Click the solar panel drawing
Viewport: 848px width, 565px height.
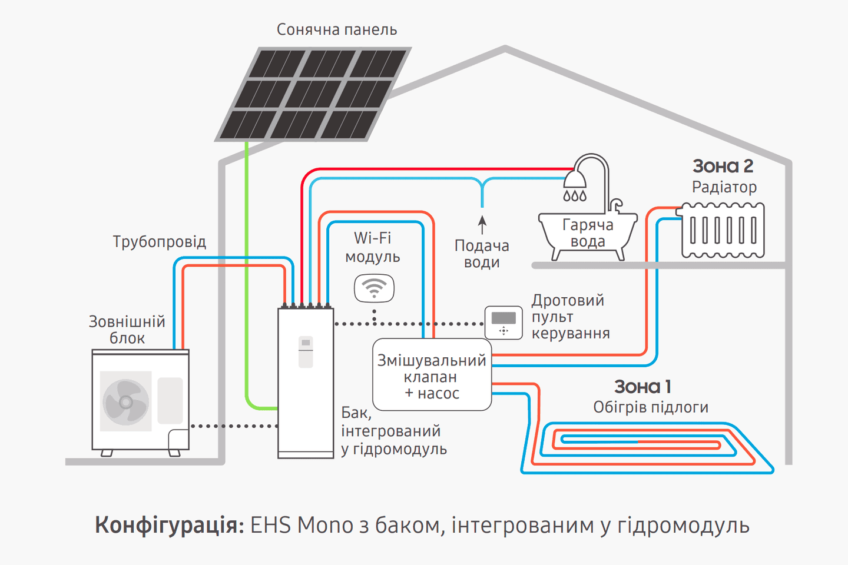pos(313,95)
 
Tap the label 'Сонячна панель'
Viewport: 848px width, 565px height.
pos(337,29)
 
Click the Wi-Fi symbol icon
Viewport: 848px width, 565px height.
pos(374,288)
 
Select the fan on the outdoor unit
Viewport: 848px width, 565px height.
pos(125,402)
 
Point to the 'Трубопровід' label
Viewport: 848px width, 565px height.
pos(160,242)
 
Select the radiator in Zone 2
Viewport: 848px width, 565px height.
pos(723,230)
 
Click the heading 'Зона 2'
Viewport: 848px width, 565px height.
pos(723,166)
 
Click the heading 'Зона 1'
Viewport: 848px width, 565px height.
pos(642,387)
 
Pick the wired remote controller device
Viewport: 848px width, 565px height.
pos(503,323)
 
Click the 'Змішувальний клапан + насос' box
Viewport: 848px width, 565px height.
pos(432,375)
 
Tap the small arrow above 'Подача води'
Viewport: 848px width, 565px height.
pos(482,224)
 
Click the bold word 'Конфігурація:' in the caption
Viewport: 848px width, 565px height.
pos(170,524)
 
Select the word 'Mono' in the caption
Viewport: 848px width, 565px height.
pos(325,524)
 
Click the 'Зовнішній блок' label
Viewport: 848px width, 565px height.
pos(127,330)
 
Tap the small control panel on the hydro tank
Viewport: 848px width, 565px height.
pos(306,351)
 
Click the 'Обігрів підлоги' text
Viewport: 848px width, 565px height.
pos(651,407)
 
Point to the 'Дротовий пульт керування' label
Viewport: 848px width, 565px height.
pos(570,317)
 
